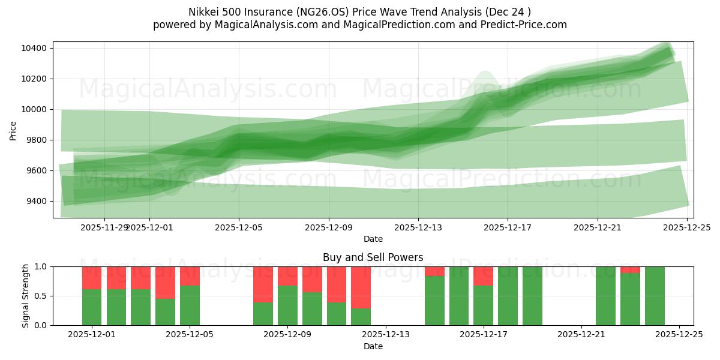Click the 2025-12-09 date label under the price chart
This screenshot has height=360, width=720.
coord(328,227)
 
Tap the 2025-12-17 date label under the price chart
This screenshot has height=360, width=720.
coord(508,227)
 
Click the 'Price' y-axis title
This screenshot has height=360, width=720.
coord(13,130)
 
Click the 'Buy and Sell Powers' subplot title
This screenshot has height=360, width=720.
coord(373,257)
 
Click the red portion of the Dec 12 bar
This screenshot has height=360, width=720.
coord(361,287)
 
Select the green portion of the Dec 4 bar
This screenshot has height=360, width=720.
coord(165,312)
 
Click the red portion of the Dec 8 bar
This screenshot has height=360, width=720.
coord(263,284)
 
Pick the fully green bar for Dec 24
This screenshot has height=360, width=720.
coord(655,296)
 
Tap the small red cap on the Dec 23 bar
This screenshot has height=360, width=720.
coord(630,269)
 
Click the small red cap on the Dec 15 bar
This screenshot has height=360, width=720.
coord(434,271)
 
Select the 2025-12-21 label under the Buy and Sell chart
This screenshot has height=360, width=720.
coord(581,335)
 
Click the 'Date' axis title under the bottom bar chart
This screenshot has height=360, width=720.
coord(373,346)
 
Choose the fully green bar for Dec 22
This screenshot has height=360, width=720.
coord(605,296)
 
